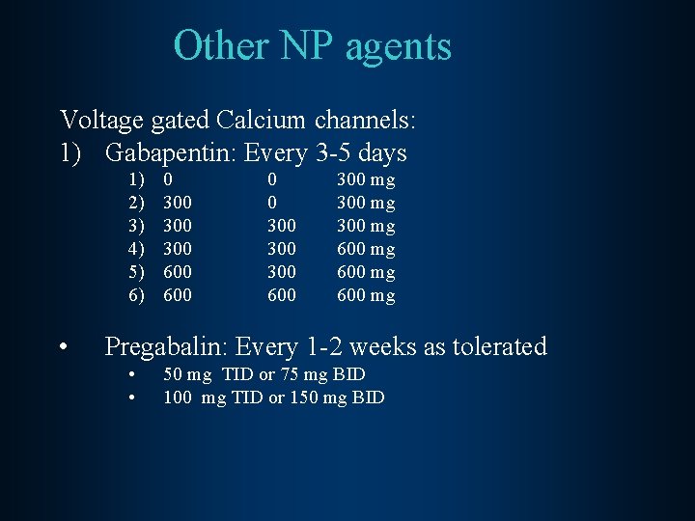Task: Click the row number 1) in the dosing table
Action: [136, 179]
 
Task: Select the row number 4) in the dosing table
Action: [136, 249]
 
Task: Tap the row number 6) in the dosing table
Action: [136, 295]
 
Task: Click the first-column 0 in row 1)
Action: [168, 179]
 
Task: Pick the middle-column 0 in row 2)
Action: [272, 203]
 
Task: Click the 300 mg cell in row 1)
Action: [366, 179]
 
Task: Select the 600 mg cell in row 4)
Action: [366, 249]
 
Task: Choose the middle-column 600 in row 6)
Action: [282, 295]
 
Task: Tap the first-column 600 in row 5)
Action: [178, 272]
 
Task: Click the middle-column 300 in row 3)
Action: [282, 226]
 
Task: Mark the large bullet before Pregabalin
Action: [62, 346]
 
